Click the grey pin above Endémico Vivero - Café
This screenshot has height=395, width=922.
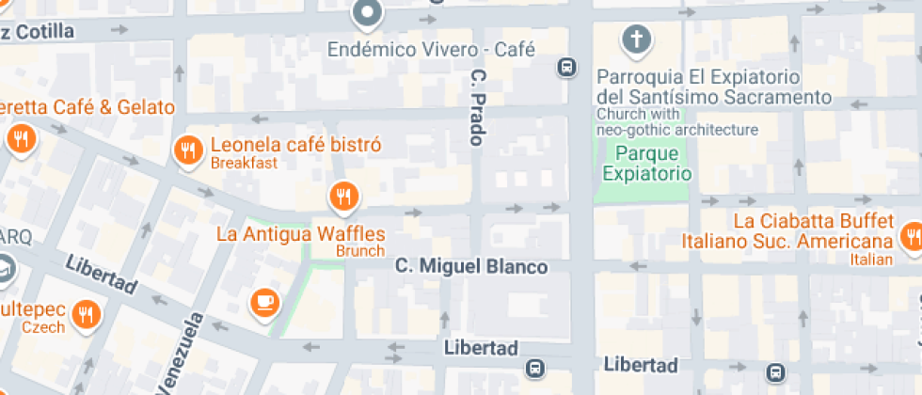pos(366,14)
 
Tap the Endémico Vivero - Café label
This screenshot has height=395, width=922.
pos(431,48)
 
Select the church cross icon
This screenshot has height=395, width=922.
pos(637,39)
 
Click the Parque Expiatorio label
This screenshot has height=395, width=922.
pos(647,163)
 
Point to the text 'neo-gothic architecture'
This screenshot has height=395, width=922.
pos(677,129)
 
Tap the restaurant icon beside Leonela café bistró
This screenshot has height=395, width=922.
pos(188,148)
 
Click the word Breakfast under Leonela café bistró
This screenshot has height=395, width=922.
pos(244,163)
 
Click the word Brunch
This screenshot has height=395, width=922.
pos(361,251)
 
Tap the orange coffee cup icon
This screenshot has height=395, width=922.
pos(264,301)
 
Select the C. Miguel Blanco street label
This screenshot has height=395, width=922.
pos(470,267)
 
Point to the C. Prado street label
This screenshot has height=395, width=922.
pos(476,106)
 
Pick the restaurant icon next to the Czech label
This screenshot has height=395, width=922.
pos(87,313)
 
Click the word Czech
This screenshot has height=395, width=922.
pos(44,327)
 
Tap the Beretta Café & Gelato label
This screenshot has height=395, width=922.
pos(88,107)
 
